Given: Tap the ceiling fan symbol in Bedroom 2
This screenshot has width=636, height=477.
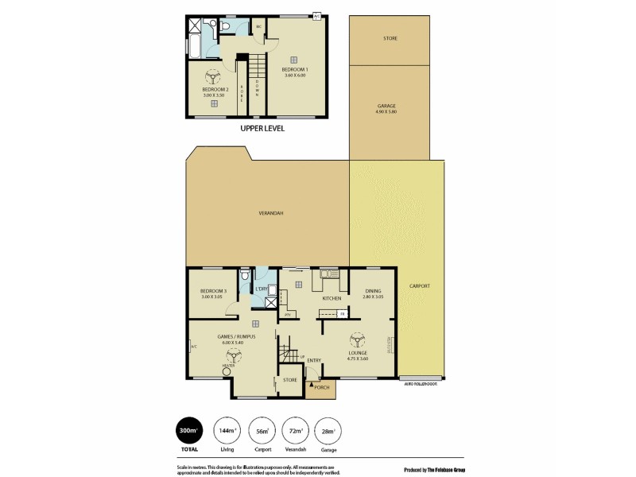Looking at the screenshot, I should (x=211, y=77).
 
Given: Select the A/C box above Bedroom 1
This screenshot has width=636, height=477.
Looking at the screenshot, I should (x=317, y=14).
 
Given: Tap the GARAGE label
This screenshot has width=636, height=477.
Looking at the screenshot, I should (x=386, y=106).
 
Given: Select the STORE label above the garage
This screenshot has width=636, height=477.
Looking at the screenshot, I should (x=390, y=38).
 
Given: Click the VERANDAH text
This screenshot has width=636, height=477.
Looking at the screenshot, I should (x=271, y=213).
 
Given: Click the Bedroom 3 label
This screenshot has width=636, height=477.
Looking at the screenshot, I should (x=214, y=291).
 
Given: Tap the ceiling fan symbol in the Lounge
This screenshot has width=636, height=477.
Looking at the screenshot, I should (x=357, y=340).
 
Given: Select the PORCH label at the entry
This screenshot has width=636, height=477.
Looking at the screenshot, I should (x=322, y=386).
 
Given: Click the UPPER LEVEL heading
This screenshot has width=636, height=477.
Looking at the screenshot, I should (x=262, y=127).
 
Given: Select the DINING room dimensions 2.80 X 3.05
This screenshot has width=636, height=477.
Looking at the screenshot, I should (x=372, y=297).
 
